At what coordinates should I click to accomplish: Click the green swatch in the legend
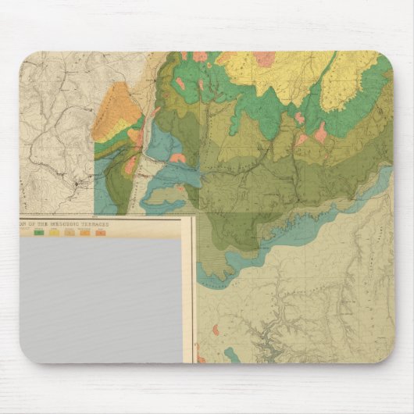(x=37, y=233)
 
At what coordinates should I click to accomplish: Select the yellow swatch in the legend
(x=54, y=233)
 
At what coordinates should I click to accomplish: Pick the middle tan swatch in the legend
(x=70, y=233)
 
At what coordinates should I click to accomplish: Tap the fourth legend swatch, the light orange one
(x=84, y=233)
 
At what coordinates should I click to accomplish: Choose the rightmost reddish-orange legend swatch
(x=100, y=233)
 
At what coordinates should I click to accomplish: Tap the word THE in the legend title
(x=46, y=223)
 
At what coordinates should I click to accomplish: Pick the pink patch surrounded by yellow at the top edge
(x=263, y=59)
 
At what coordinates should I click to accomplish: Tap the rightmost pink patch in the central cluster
(x=320, y=132)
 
